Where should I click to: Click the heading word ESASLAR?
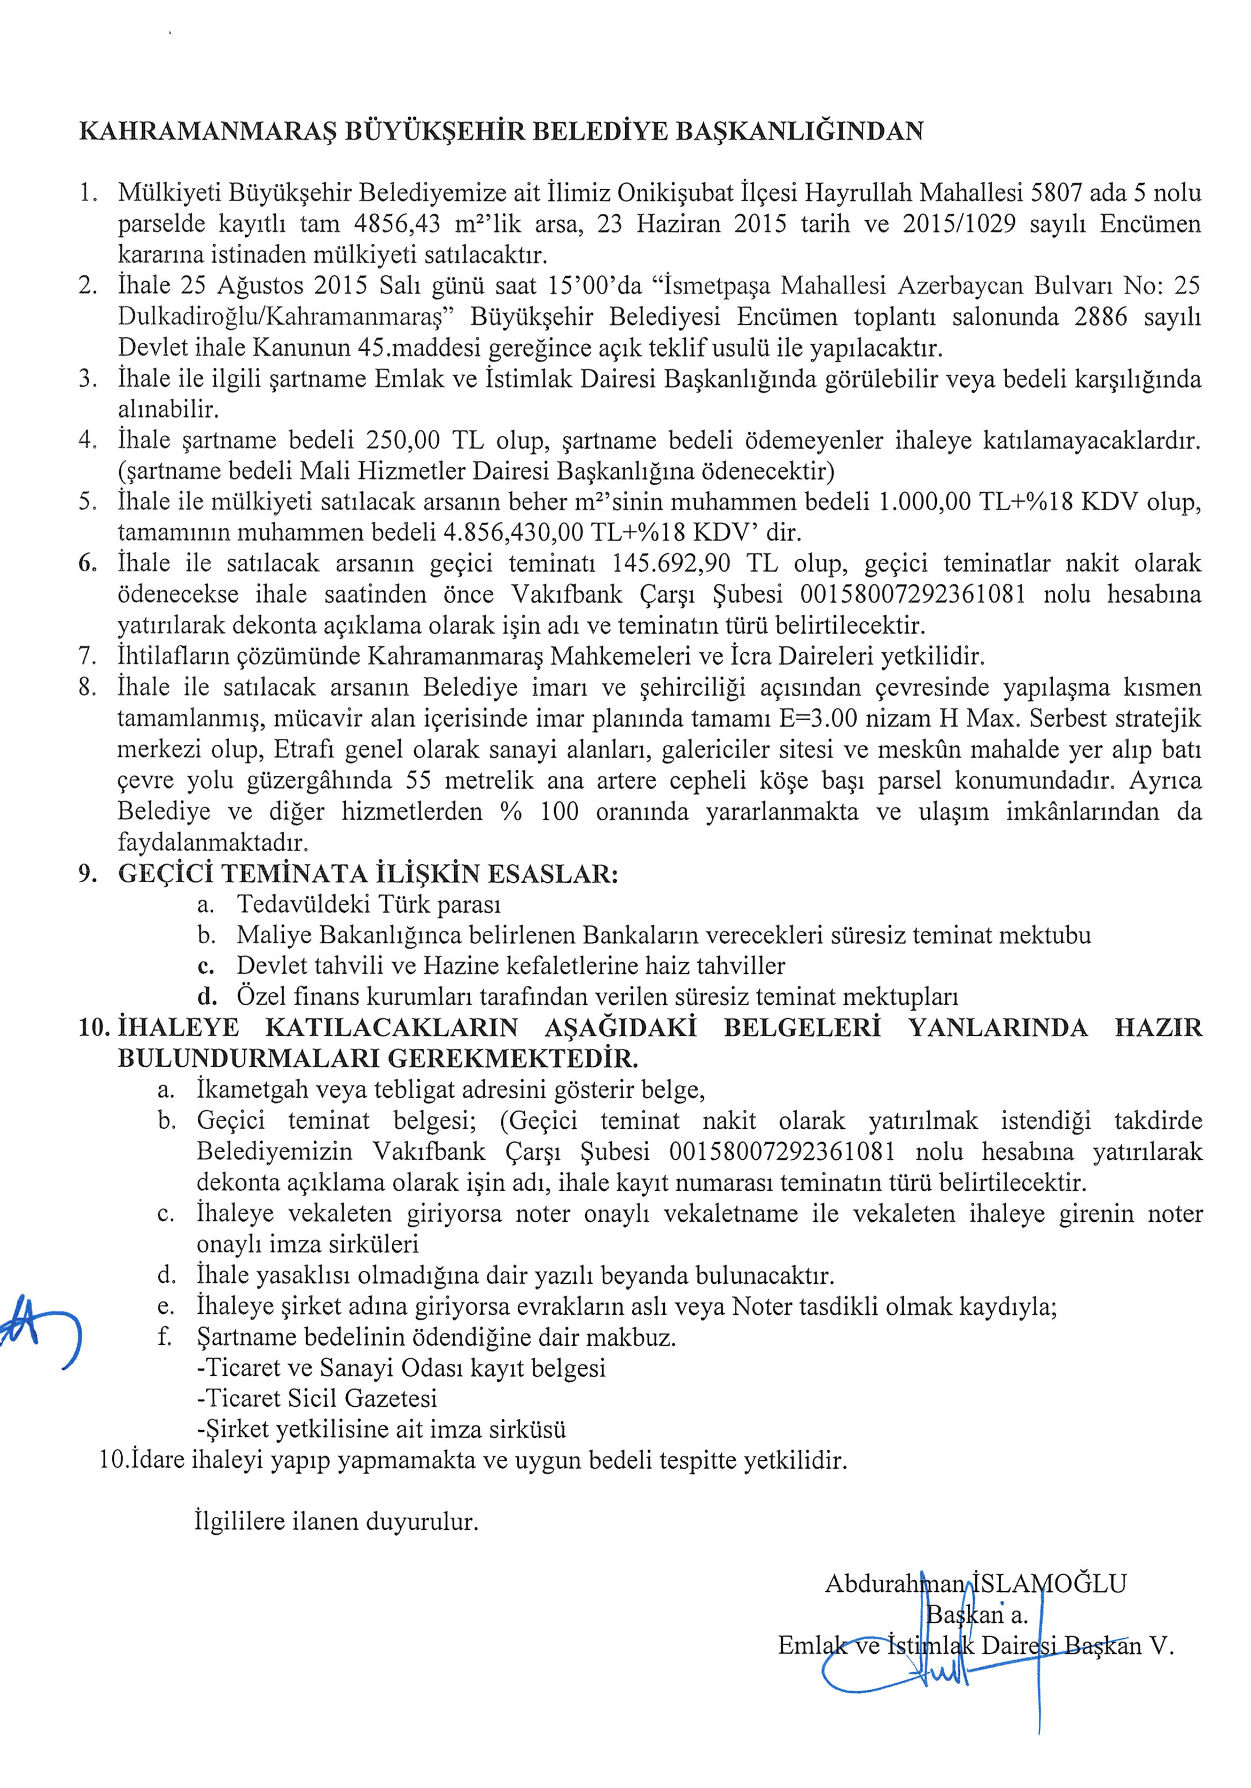(x=553, y=874)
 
